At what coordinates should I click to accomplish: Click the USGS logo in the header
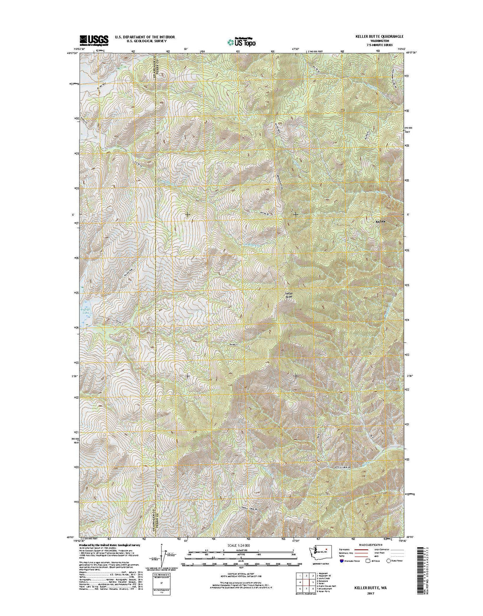(94, 40)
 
